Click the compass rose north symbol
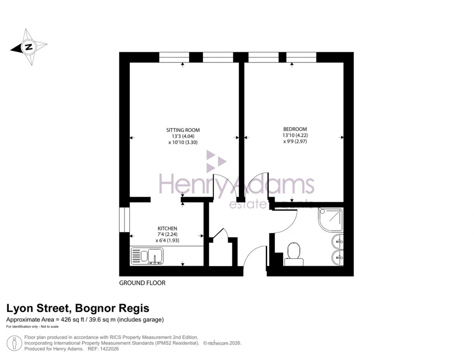point(29,47)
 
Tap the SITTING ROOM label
point(183,130)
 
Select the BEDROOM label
point(295,129)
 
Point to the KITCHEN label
point(168,229)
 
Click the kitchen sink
point(147,255)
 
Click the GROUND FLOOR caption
point(142,283)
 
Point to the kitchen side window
point(124,219)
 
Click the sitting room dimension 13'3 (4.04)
point(183,137)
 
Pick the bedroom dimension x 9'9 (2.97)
point(295,142)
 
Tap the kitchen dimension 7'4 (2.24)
point(168,235)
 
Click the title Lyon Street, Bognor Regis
point(77,309)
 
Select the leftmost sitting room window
point(174,57)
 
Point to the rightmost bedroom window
point(301,57)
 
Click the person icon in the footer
point(16,343)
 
